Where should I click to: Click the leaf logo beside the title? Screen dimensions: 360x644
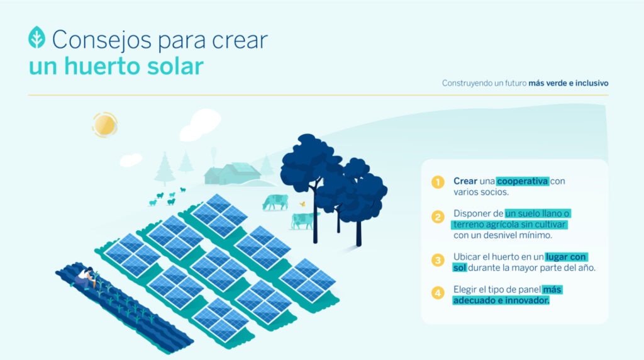(36, 38)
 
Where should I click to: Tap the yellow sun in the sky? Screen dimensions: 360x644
(104, 125)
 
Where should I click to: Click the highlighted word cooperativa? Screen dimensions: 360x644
(523, 181)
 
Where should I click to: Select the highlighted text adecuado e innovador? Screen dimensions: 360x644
(501, 301)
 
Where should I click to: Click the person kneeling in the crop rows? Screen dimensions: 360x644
(85, 278)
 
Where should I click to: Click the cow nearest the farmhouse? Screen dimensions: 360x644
(275, 201)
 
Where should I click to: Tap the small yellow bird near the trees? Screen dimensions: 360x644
(303, 203)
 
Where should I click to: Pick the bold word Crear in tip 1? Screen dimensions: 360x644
(465, 181)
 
